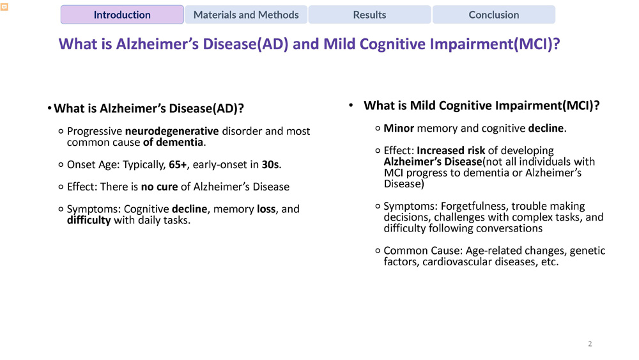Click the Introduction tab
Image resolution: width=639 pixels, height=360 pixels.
point(122,15)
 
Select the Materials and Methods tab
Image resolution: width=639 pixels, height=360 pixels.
point(246,15)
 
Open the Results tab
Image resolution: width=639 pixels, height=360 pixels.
point(369,15)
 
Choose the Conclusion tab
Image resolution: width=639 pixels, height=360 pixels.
point(493,15)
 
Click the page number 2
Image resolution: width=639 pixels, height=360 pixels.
point(590,344)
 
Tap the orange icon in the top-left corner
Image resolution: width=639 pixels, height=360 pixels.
point(4,8)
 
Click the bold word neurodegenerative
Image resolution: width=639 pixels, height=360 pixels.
point(172,131)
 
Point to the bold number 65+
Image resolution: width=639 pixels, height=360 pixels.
point(178,164)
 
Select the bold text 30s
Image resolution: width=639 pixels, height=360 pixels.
point(270,164)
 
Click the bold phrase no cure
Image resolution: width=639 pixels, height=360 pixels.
point(159,187)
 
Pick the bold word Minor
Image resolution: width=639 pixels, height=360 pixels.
point(399,129)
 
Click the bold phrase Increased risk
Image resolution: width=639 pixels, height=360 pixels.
point(451,151)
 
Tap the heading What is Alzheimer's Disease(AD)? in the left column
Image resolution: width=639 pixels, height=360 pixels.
point(149,109)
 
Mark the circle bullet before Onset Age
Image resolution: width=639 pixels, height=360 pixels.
point(60,165)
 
